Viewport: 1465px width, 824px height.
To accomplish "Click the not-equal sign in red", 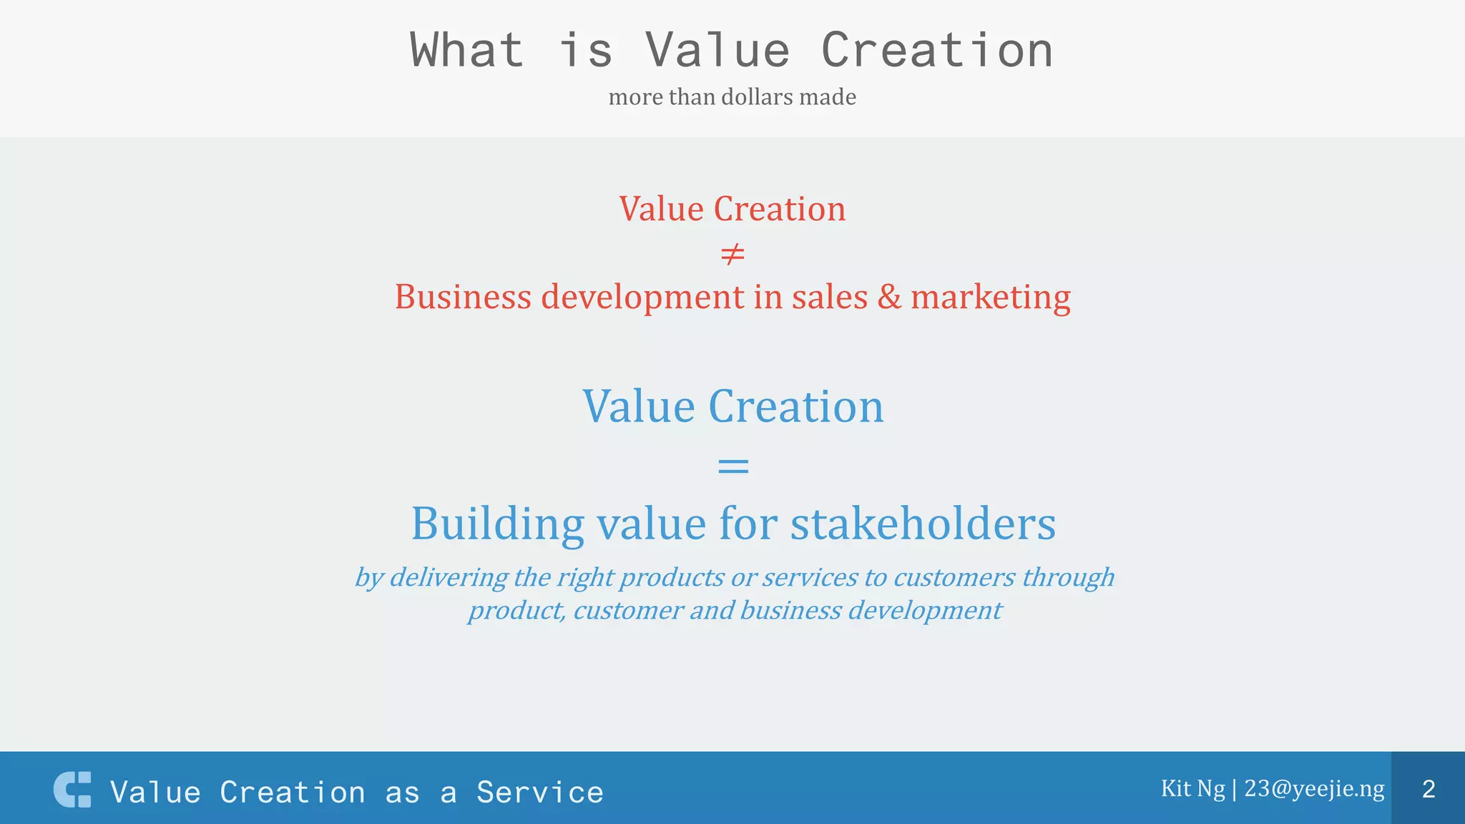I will click(732, 254).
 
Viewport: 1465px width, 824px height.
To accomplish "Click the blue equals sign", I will click(732, 466).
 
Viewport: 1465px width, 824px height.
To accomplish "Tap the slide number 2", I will click(1429, 789).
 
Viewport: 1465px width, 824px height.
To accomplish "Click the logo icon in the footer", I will click(72, 790).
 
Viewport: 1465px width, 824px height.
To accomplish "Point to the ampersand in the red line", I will click(889, 297).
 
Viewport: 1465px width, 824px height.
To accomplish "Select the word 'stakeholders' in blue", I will click(923, 524).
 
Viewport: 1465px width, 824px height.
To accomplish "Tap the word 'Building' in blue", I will click(498, 524).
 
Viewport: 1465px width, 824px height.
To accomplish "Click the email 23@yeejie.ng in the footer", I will click(1314, 788).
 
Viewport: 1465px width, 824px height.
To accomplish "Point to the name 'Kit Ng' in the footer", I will click(1192, 788).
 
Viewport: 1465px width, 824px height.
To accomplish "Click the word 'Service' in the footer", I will click(540, 793).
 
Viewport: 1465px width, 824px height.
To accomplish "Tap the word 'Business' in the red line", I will click(463, 297).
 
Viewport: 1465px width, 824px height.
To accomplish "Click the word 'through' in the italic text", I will click(1068, 577).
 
